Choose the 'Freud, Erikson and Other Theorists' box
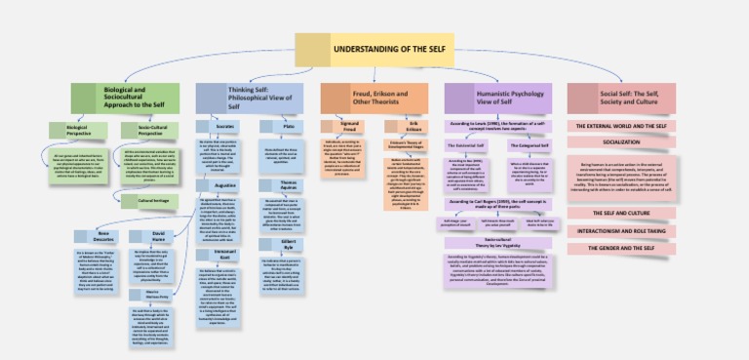click(x=374, y=97)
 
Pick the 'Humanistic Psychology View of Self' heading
click(x=498, y=97)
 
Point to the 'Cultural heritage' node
click(x=145, y=201)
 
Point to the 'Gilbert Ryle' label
click(x=288, y=241)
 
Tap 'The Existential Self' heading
click(x=466, y=144)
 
